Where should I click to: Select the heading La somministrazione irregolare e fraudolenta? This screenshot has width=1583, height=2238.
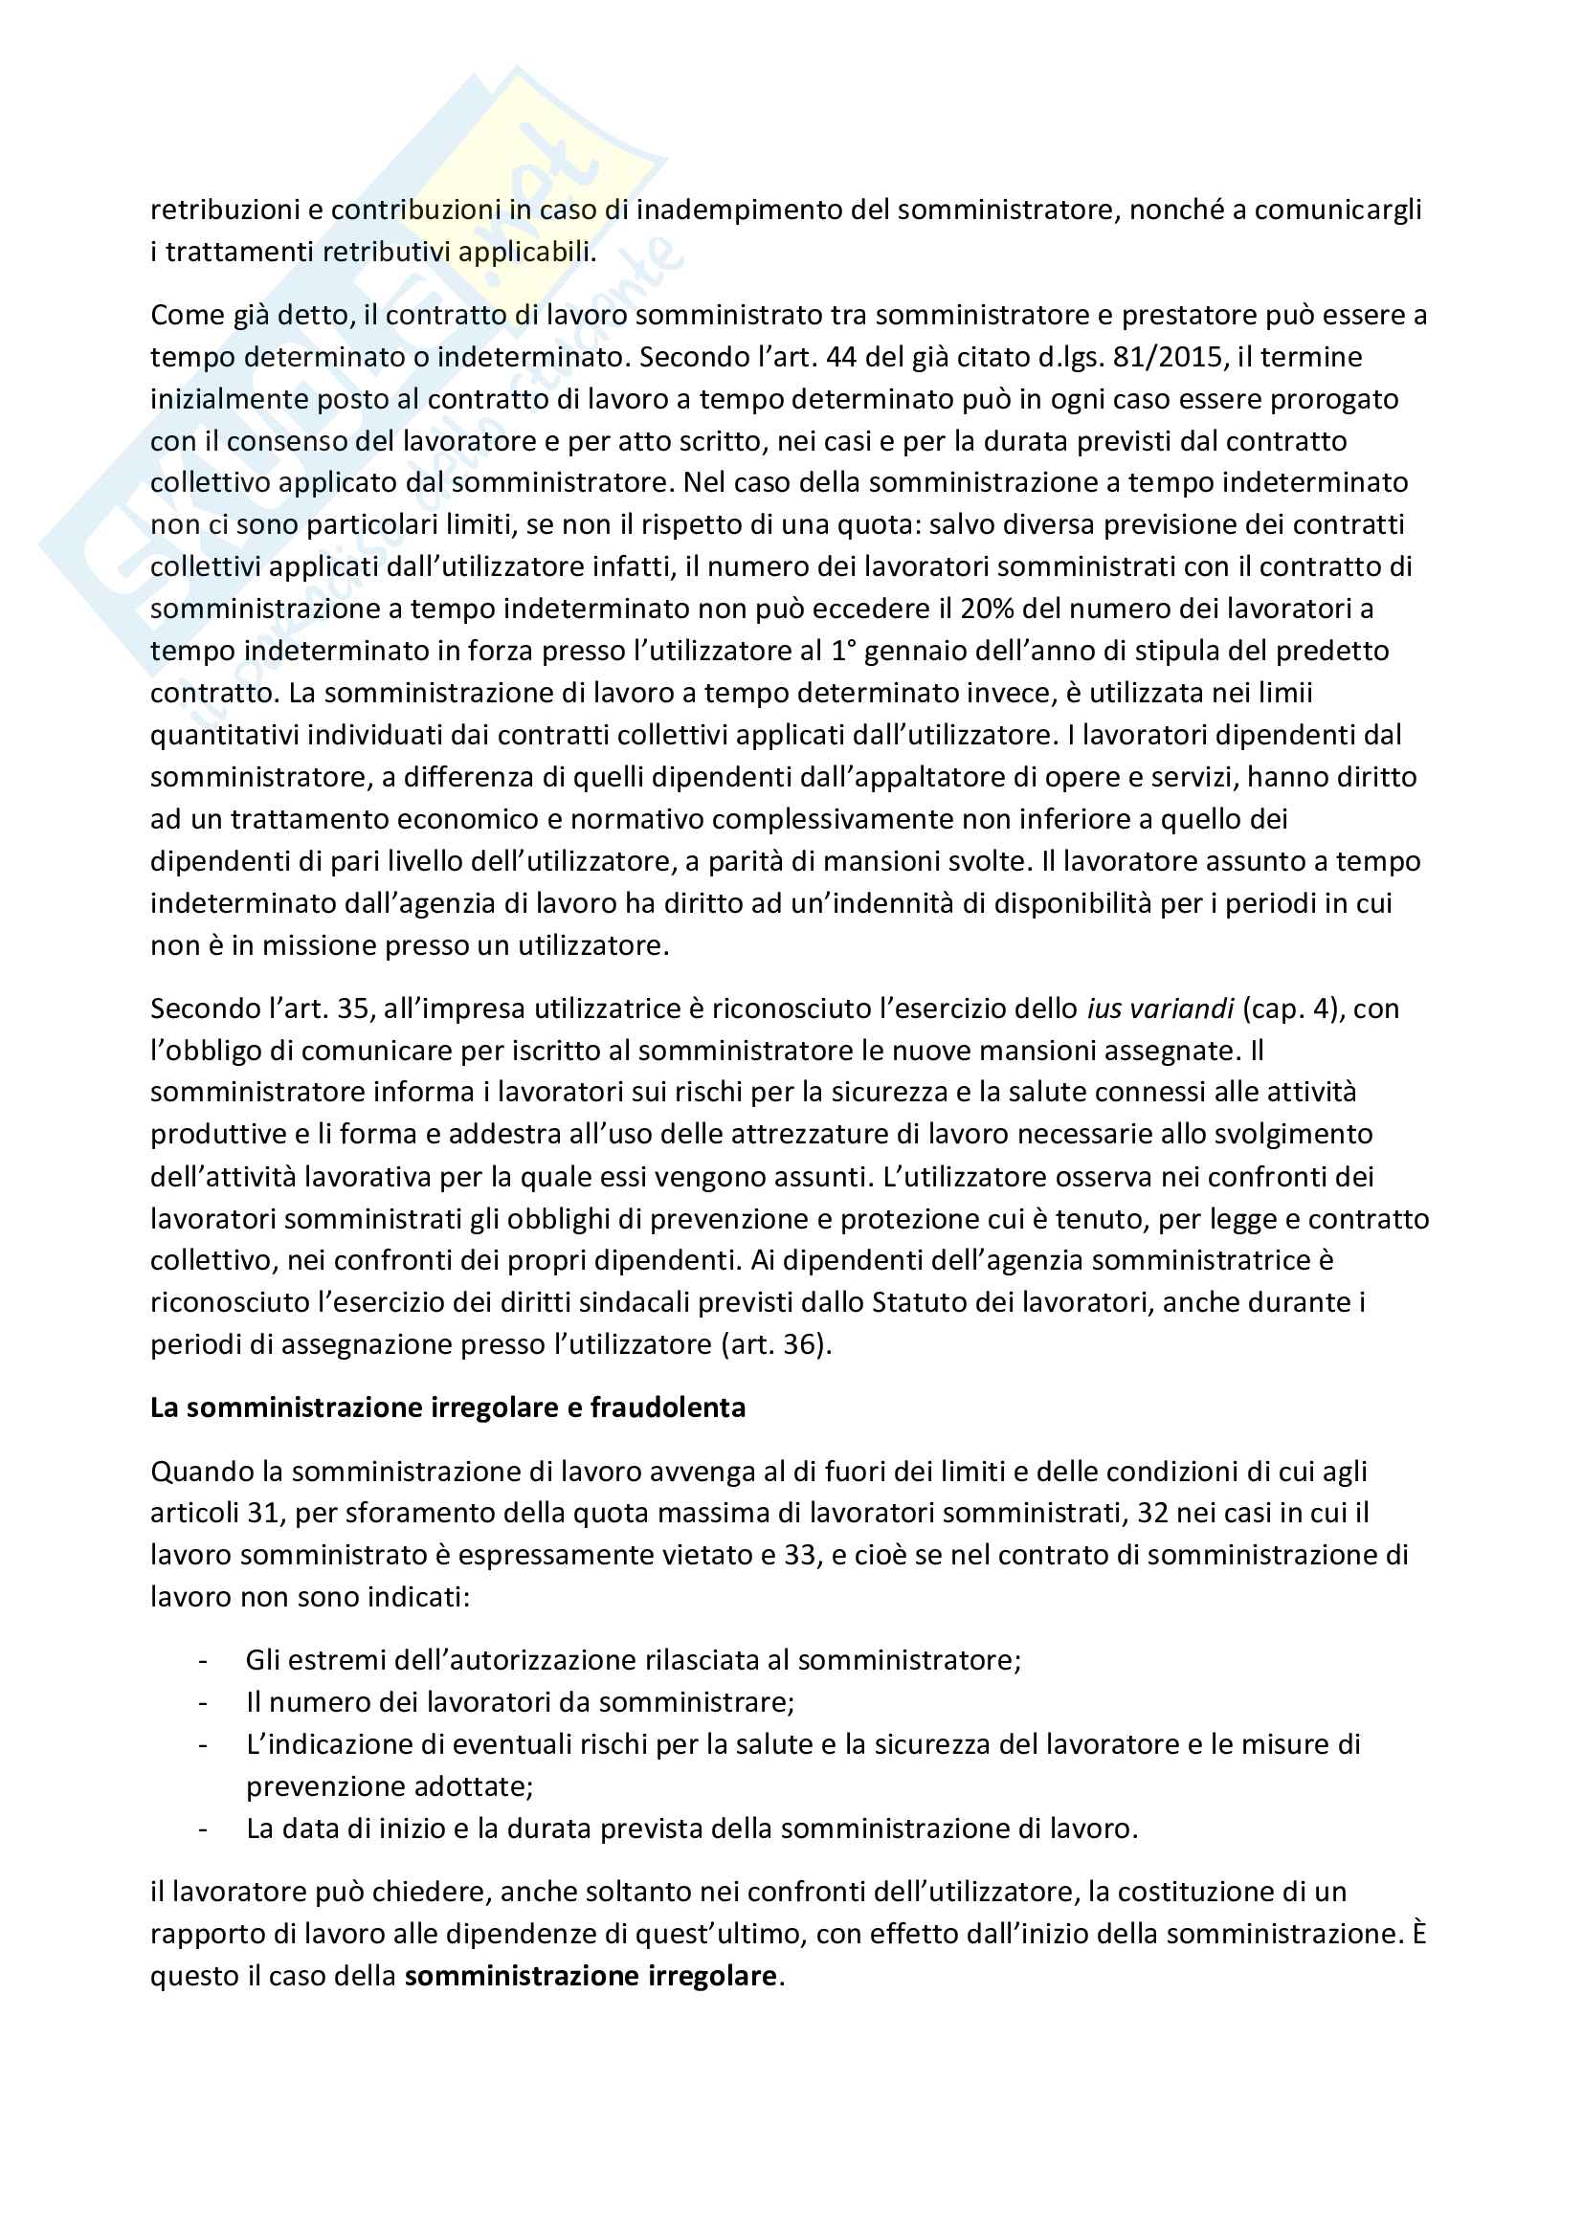coord(447,1407)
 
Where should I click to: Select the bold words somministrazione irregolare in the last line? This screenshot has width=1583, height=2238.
coord(591,1976)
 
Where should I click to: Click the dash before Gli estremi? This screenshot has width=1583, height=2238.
coord(203,1660)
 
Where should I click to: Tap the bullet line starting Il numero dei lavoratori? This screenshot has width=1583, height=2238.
coord(520,1702)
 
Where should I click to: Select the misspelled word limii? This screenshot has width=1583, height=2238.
coord(1281,693)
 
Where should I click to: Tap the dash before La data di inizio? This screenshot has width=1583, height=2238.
coord(203,1828)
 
